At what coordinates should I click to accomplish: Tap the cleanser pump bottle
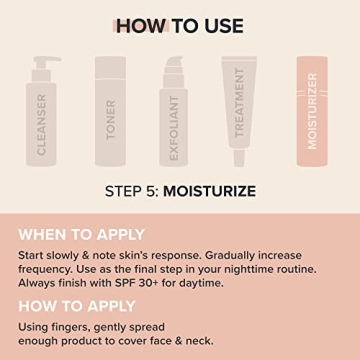(42, 110)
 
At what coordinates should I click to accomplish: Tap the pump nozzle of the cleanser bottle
(35, 61)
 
